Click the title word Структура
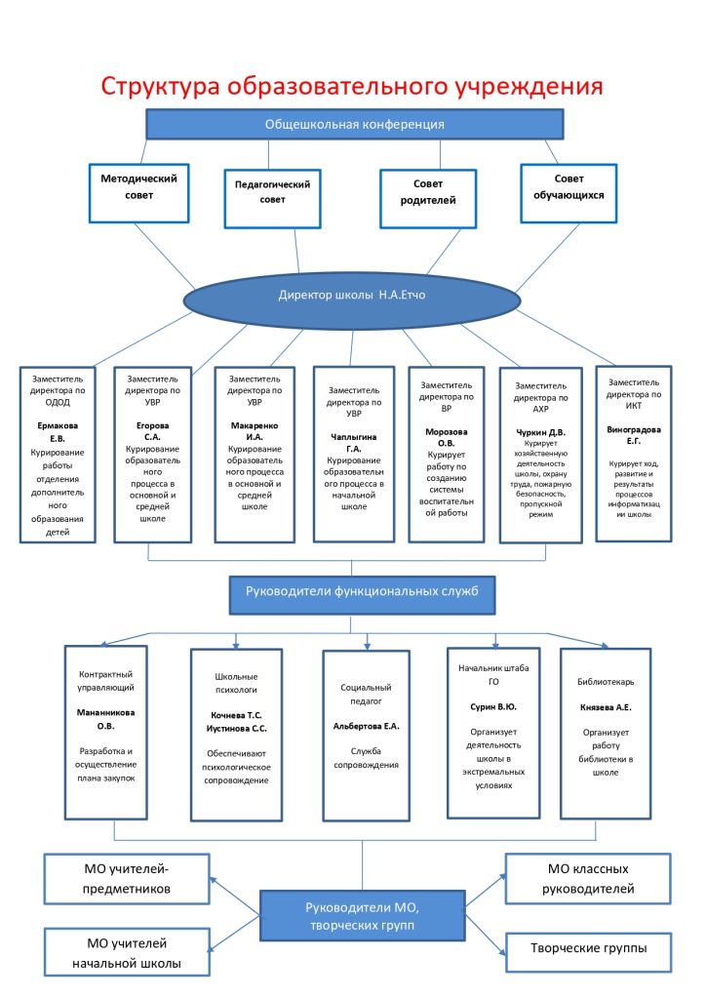[x=160, y=87]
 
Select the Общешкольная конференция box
[x=355, y=124]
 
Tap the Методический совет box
[x=138, y=194]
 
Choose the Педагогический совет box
[x=272, y=198]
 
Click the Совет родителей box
[x=428, y=198]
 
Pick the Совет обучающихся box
[x=569, y=194]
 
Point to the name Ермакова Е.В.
[x=58, y=432]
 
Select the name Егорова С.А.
[x=152, y=431]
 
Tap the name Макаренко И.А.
[x=254, y=431]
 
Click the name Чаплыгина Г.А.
[x=353, y=443]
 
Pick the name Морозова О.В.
[x=447, y=437]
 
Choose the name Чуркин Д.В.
[x=540, y=432]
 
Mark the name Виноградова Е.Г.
[x=634, y=435]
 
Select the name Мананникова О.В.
[x=105, y=719]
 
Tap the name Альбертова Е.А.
[x=366, y=726]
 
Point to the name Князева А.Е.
[x=606, y=707]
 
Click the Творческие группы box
[x=588, y=952]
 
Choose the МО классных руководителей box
[x=588, y=879]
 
